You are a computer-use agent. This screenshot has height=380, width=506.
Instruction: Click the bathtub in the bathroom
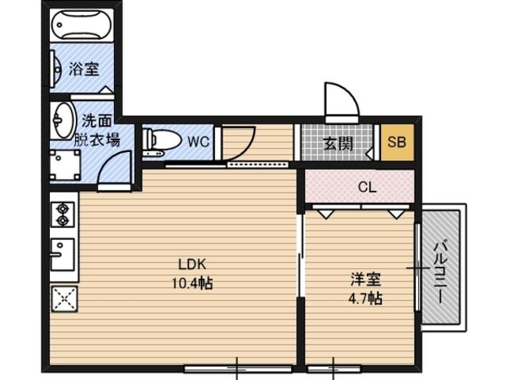click(x=81, y=25)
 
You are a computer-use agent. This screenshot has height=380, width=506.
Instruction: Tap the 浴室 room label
click(x=84, y=69)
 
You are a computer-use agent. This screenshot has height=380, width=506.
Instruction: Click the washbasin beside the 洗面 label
click(x=63, y=120)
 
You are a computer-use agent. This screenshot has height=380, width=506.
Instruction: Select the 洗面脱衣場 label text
click(x=96, y=130)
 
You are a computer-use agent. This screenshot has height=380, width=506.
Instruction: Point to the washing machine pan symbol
click(x=65, y=165)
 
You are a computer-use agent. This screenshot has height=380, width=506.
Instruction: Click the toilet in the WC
click(x=160, y=141)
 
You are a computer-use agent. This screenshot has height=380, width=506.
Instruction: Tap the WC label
click(x=198, y=142)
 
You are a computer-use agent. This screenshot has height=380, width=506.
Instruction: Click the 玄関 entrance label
click(x=338, y=143)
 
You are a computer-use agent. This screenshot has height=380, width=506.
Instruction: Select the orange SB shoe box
click(x=397, y=142)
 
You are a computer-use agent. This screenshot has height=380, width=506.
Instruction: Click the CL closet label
click(x=367, y=187)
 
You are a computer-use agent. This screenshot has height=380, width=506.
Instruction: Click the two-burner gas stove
click(x=63, y=214)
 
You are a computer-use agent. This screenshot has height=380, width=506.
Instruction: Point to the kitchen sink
click(x=62, y=254)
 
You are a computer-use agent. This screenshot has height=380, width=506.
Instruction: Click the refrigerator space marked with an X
click(x=64, y=298)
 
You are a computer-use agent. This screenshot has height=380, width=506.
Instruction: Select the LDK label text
click(x=192, y=264)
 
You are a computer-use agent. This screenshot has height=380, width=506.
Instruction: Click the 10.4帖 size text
click(x=192, y=283)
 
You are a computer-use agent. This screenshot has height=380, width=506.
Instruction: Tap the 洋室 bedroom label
click(x=366, y=279)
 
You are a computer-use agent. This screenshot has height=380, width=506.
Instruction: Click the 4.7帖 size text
click(x=365, y=298)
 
